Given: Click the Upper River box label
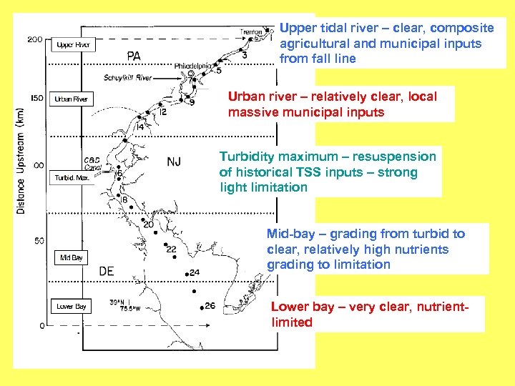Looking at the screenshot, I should [x=74, y=45].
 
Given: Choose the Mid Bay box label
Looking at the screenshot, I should [x=72, y=257].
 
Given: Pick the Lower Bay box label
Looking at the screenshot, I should [x=72, y=307].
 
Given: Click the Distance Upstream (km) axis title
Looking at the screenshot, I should [x=21, y=159].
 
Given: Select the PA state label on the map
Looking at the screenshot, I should [x=134, y=55].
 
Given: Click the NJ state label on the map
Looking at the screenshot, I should [x=174, y=162].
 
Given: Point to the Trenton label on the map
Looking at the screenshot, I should [x=251, y=31].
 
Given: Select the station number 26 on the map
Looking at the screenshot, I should [x=210, y=306].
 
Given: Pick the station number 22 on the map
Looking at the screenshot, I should [x=171, y=249].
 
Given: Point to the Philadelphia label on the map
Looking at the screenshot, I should [x=192, y=66].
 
